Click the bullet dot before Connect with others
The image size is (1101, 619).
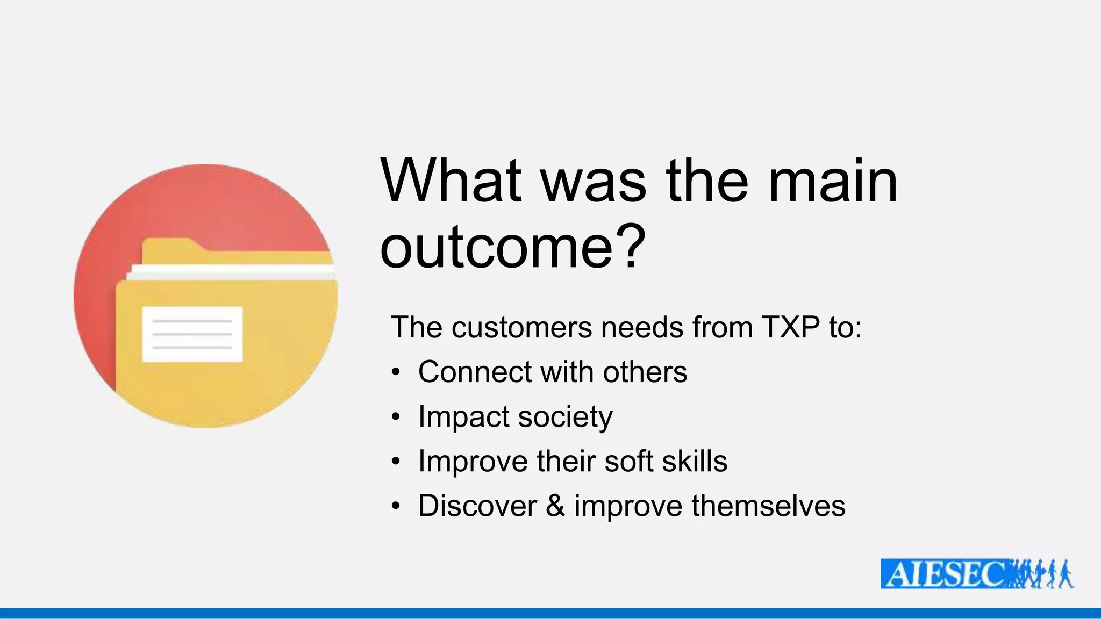click(396, 372)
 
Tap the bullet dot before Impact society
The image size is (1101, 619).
click(396, 416)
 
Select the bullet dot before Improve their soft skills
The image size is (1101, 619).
click(396, 461)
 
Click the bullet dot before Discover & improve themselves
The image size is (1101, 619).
click(396, 506)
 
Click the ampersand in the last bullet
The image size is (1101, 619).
click(555, 506)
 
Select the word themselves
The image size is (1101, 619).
click(768, 506)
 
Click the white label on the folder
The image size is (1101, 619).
click(192, 334)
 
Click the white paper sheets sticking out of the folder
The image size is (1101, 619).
click(231, 273)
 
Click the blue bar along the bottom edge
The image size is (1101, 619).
click(550, 613)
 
